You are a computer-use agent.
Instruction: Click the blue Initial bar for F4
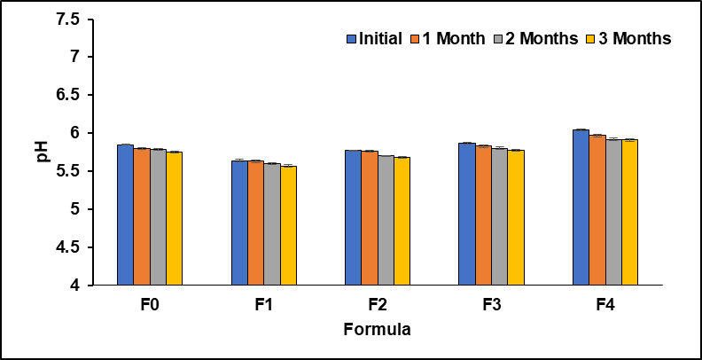click(581, 207)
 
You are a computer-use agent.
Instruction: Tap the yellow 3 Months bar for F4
click(629, 213)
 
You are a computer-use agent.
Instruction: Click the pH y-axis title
click(43, 153)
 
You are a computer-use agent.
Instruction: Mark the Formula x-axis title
click(377, 331)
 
